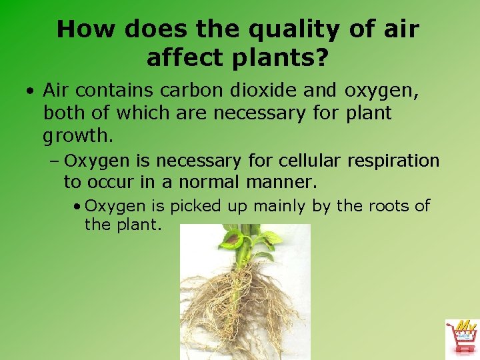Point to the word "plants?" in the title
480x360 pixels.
click(x=279, y=58)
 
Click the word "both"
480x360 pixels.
click(x=63, y=113)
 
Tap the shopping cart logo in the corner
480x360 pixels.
click(x=461, y=337)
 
